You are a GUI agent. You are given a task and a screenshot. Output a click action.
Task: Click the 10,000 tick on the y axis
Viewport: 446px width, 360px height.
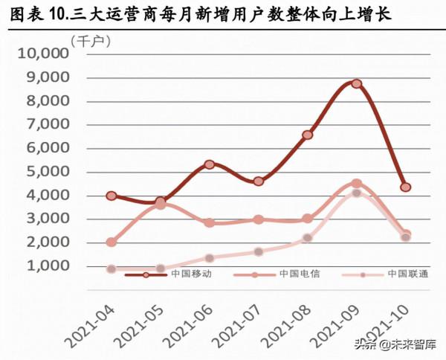pos(42,54)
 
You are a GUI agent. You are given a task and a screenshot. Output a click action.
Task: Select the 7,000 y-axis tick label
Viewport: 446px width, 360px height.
pos(47,125)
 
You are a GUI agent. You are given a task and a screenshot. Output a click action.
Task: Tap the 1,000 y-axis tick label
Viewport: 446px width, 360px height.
pos(47,266)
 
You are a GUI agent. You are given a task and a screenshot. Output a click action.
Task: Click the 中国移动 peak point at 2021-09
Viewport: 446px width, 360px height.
pos(356,84)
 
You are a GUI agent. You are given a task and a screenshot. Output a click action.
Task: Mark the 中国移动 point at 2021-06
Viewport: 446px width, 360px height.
pos(210,164)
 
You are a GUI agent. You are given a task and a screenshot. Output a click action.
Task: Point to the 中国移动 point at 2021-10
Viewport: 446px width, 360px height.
pos(405,187)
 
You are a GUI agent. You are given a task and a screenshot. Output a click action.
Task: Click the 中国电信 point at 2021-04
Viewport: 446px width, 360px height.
pos(111,242)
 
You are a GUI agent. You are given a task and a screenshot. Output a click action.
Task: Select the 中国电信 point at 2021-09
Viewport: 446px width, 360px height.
pos(356,184)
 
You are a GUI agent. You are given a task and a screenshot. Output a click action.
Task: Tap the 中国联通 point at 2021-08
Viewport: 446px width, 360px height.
pos(307,238)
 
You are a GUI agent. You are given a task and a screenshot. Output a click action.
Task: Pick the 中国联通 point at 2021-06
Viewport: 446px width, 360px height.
pos(210,258)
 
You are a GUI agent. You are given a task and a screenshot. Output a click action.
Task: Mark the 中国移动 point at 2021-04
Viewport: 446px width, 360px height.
pos(111,196)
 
